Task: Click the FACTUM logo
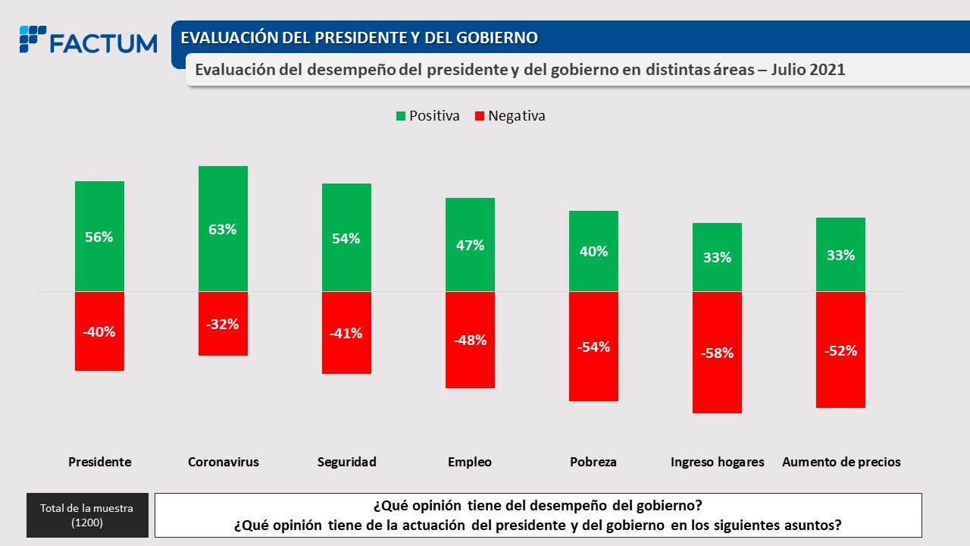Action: [89, 41]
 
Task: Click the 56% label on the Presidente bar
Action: [99, 237]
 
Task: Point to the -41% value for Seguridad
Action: [346, 333]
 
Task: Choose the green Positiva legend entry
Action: [428, 116]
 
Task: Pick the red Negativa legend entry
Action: [509, 116]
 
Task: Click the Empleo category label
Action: [470, 462]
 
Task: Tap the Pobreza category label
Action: [593, 462]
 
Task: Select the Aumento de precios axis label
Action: [841, 462]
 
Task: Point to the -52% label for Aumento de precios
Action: [841, 350]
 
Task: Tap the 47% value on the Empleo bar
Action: [470, 245]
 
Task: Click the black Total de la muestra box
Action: [86, 516]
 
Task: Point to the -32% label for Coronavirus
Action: [223, 324]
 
